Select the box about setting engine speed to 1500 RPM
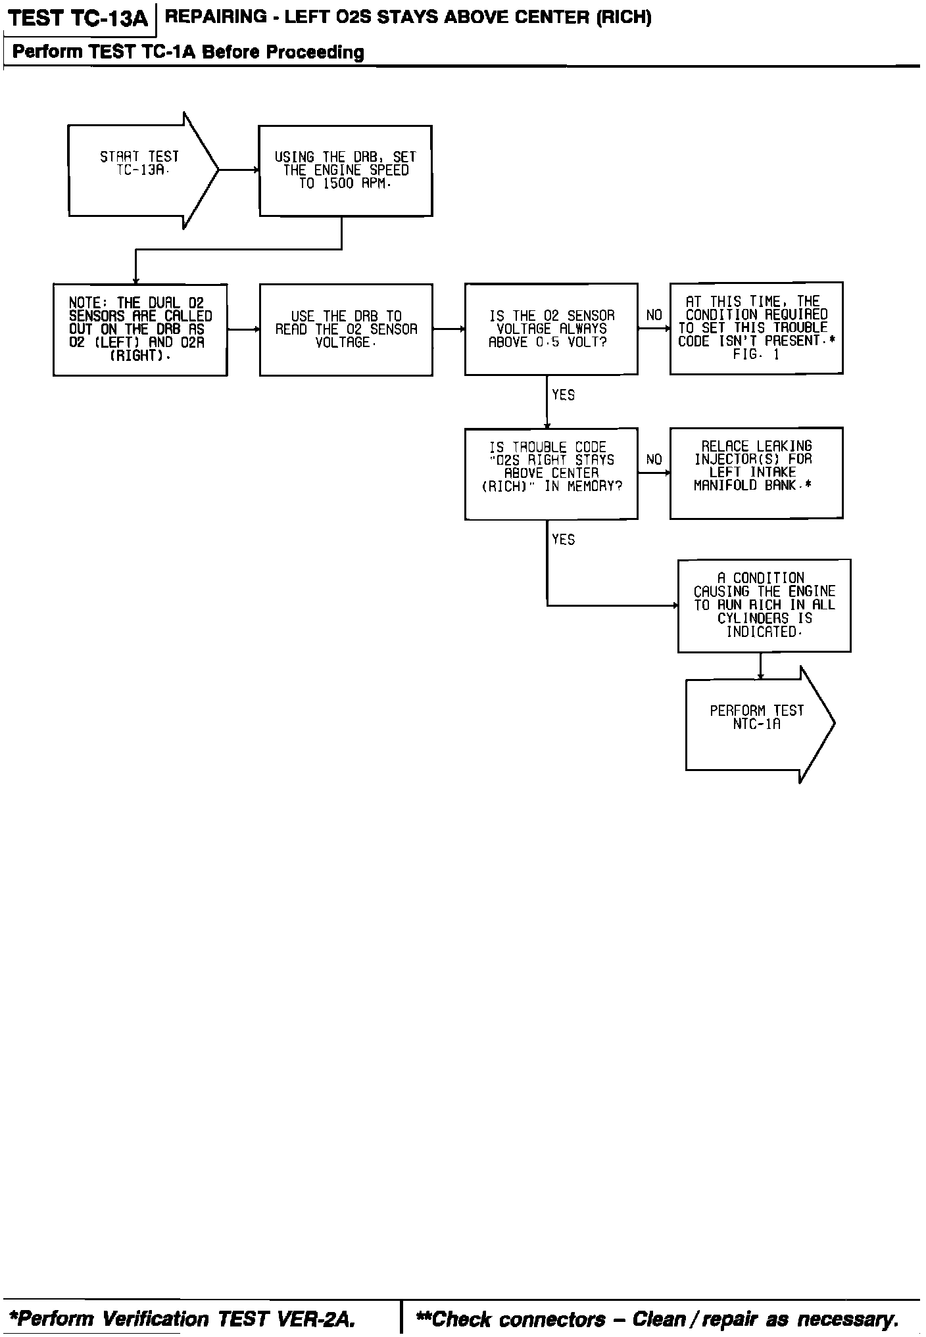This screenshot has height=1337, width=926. [345, 170]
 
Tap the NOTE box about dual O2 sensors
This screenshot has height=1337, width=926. [140, 329]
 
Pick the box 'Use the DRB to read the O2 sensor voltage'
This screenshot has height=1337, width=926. [346, 329]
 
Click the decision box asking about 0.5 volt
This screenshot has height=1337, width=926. [551, 329]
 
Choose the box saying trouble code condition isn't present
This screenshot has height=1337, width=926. [756, 328]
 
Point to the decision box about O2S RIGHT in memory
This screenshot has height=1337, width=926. [551, 473]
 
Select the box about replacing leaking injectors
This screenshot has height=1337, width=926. [756, 473]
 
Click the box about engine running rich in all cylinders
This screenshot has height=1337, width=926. [764, 605]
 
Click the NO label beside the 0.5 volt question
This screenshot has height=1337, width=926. [654, 316]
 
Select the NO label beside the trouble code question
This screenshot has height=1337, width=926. [654, 459]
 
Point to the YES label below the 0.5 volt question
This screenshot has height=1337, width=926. [564, 395]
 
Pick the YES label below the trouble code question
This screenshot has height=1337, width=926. [564, 540]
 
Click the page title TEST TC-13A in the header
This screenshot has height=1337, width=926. [80, 18]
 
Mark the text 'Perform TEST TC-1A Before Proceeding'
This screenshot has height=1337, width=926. [188, 52]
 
